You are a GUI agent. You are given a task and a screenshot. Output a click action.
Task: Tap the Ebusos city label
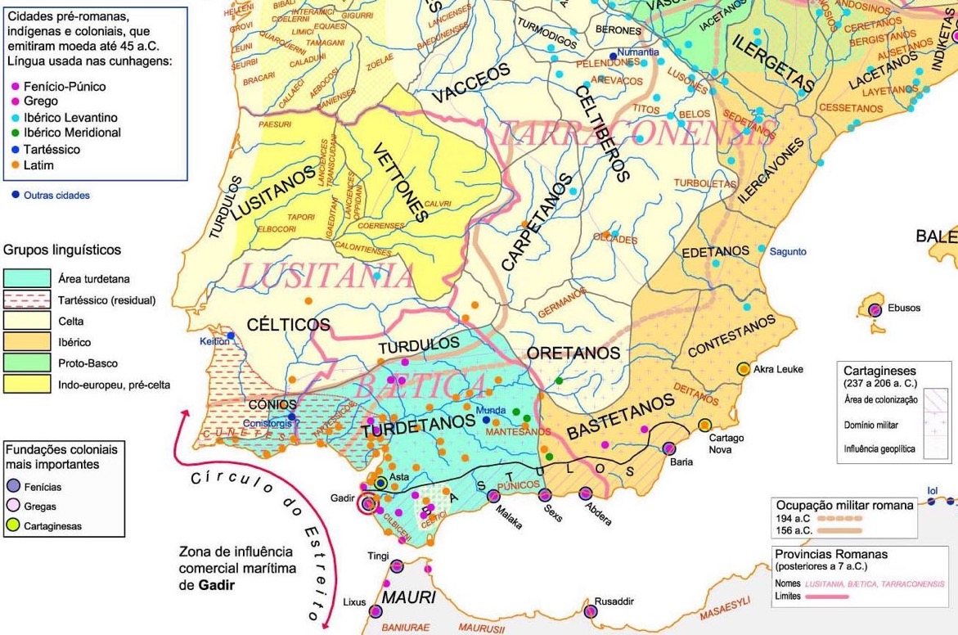[903, 308]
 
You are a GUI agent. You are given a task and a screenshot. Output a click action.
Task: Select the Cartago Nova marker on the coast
[704, 425]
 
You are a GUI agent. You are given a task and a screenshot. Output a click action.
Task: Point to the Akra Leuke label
[778, 369]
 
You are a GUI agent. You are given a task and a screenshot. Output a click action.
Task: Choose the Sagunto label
[788, 252]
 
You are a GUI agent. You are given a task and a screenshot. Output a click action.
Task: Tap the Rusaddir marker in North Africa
[591, 610]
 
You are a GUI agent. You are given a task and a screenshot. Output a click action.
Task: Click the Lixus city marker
[376, 610]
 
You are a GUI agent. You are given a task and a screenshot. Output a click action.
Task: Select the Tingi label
[378, 556]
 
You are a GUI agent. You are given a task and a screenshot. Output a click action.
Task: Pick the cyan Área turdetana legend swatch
[26, 279]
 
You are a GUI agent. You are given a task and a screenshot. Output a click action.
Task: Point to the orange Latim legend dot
[14, 164]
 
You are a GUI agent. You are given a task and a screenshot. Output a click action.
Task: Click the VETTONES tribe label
[401, 182]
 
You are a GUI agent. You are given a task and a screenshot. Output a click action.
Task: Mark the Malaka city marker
[493, 496]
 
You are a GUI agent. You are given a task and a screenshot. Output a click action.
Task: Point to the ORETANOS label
[573, 354]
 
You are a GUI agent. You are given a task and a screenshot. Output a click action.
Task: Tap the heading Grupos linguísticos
[62, 250]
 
